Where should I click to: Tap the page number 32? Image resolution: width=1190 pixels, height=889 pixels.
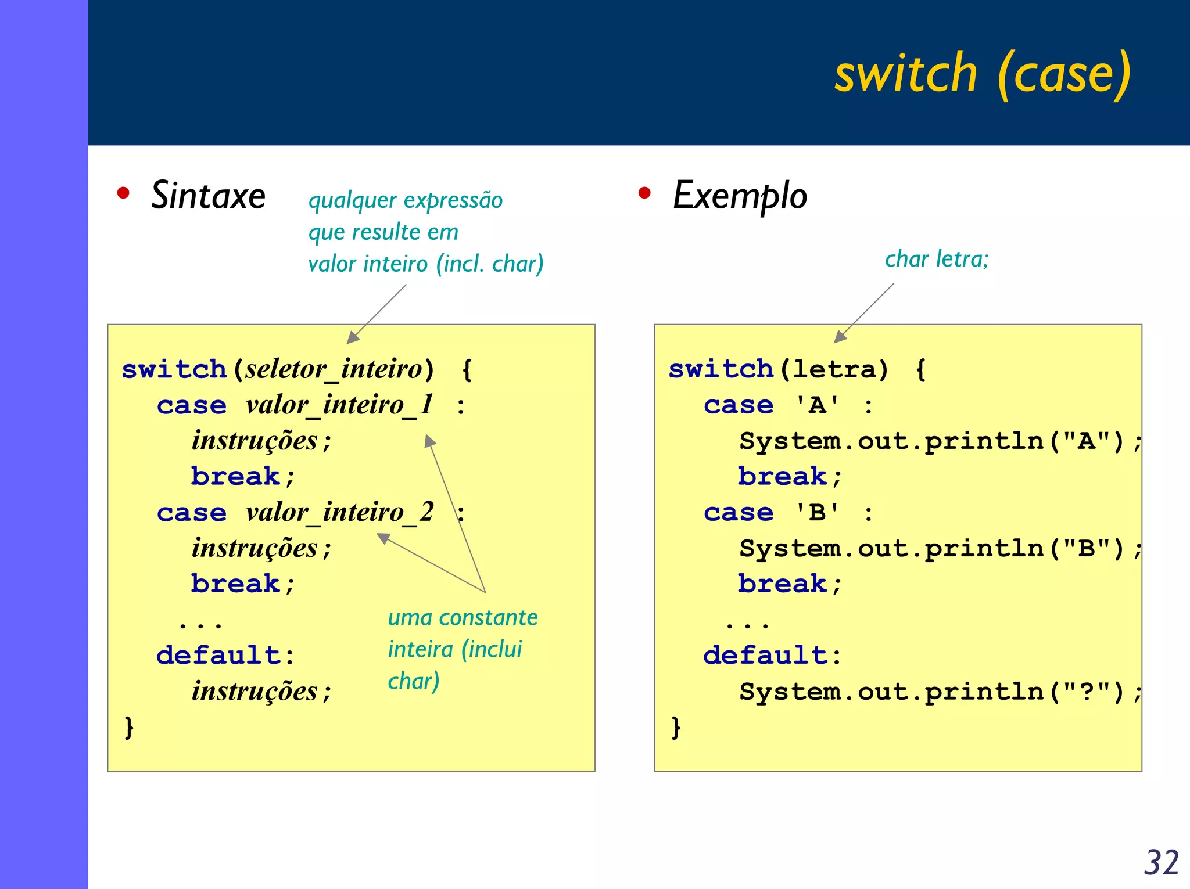point(1161,862)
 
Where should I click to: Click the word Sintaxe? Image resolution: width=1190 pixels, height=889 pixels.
point(208,195)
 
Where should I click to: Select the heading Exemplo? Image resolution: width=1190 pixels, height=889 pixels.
point(740,196)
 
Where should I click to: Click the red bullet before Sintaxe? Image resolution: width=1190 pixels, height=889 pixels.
point(123,193)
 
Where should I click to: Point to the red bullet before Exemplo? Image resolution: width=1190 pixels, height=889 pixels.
point(644,193)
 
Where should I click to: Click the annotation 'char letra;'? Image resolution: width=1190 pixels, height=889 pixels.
point(936,259)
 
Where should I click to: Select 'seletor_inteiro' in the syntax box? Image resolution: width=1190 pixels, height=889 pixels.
point(334,369)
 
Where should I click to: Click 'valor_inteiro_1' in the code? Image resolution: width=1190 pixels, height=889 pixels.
point(339,405)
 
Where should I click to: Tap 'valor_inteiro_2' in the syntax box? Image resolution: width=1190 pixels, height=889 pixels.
point(339,512)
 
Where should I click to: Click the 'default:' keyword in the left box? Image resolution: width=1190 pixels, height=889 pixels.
point(225,656)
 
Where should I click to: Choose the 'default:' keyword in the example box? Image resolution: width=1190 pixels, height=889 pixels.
point(772,656)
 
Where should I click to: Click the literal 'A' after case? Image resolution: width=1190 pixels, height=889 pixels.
point(817,405)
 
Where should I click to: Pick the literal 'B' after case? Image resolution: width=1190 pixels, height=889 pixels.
point(817,512)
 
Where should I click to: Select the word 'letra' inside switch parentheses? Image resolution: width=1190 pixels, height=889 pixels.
point(833,369)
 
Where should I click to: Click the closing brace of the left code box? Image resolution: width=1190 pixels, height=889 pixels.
point(129,727)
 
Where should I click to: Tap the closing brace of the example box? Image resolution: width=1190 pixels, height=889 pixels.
point(676,727)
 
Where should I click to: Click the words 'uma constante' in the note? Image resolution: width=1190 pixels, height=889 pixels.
point(463,617)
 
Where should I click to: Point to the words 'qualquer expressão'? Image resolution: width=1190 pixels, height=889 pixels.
point(405,200)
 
